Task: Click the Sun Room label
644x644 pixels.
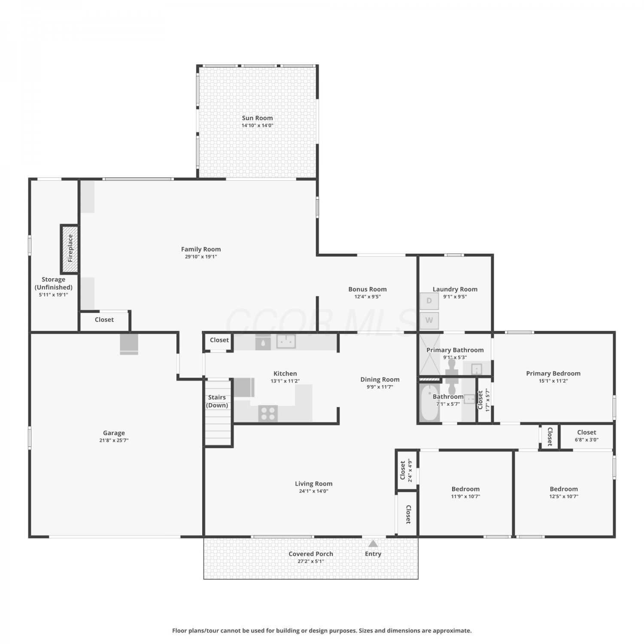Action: (257, 118)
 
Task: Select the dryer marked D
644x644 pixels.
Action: (429, 301)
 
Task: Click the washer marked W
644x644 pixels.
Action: (429, 320)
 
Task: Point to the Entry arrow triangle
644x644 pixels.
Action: (373, 544)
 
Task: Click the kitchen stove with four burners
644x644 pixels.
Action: (268, 413)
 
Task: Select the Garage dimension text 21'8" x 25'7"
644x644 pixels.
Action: (114, 440)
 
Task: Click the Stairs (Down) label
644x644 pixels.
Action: (217, 401)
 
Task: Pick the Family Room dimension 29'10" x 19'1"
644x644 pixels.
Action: (201, 257)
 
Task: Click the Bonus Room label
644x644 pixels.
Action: (368, 289)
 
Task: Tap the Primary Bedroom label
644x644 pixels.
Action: (553, 374)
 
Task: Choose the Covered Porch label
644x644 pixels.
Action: (311, 554)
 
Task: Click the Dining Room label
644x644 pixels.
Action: (380, 380)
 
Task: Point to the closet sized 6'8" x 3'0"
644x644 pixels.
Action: (586, 435)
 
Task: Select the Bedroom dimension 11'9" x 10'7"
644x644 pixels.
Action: (466, 496)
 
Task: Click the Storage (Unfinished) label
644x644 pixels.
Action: (54, 283)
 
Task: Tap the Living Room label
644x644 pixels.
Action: (314, 484)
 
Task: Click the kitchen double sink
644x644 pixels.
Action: (286, 341)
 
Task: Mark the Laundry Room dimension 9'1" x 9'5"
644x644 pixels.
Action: (455, 297)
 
